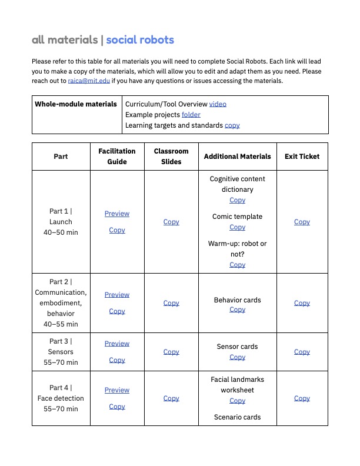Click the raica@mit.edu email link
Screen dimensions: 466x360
pyautogui.click(x=89, y=81)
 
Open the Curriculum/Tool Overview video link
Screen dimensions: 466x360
pyautogui.click(x=218, y=104)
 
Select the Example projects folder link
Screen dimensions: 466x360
pyautogui.click(x=191, y=114)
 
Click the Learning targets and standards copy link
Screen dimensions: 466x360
pyautogui.click(x=232, y=125)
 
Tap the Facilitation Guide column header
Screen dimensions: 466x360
pyautogui.click(x=117, y=157)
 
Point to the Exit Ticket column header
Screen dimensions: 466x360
pyautogui.click(x=302, y=157)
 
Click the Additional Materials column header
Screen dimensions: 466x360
pyautogui.click(x=237, y=157)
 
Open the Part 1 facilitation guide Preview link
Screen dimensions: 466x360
pyautogui.click(x=117, y=214)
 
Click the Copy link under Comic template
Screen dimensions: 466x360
pyautogui.click(x=237, y=227)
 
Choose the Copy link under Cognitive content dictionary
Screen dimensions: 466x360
pyautogui.click(x=237, y=200)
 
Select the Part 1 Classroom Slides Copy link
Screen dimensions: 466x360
pyautogui.click(x=171, y=222)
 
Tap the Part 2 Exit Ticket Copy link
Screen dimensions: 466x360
pyautogui.click(x=302, y=303)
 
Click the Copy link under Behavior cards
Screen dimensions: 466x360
pyautogui.click(x=237, y=309)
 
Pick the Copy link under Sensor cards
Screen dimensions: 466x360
pyautogui.click(x=237, y=357)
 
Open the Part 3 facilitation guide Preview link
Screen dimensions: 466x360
pyautogui.click(x=117, y=344)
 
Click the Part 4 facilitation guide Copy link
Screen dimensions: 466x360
pyautogui.click(x=117, y=407)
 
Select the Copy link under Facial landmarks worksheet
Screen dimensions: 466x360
pyautogui.click(x=237, y=401)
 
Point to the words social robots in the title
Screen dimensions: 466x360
pyautogui.click(x=140, y=40)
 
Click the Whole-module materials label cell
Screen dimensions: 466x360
pyautogui.click(x=76, y=104)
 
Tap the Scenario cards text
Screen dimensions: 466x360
pyautogui.click(x=237, y=417)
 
